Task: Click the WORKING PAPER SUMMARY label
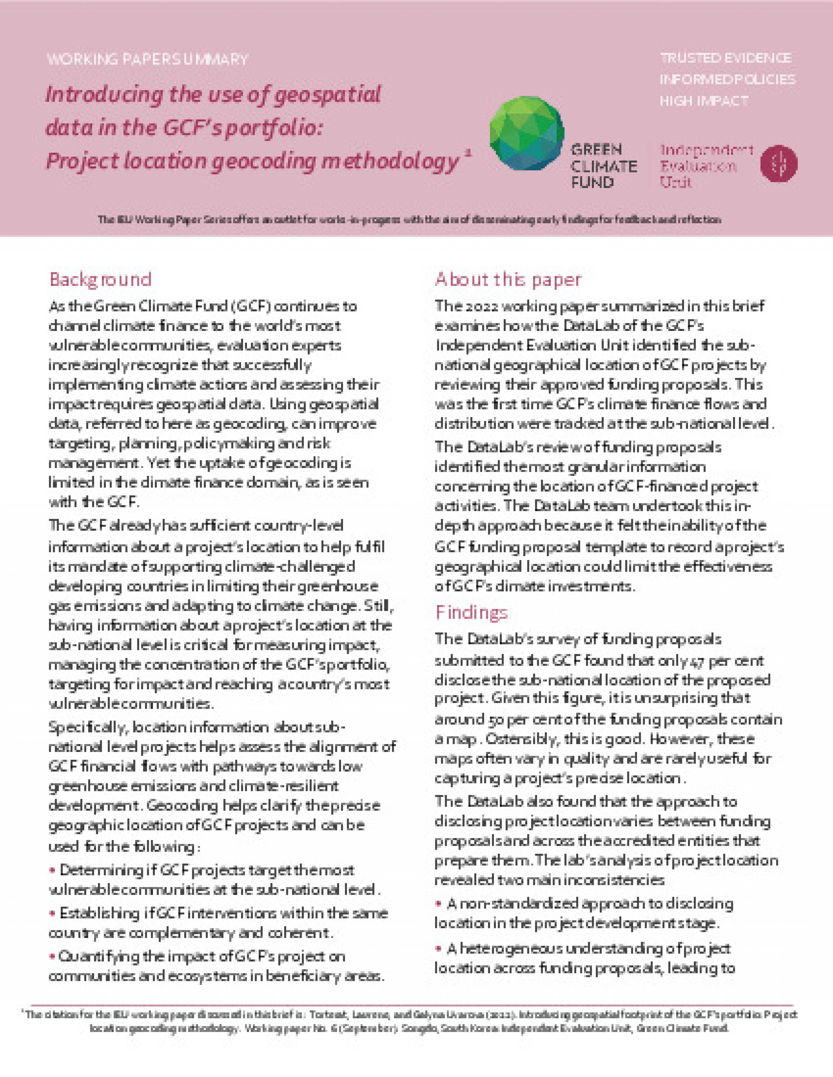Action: coord(147,60)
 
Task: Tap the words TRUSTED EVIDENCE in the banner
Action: coord(725,58)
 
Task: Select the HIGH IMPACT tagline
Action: coord(704,101)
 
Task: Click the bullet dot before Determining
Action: coord(52,870)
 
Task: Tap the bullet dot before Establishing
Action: coord(52,914)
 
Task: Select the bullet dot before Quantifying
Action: coord(52,957)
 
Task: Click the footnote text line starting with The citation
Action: coord(412,1015)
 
